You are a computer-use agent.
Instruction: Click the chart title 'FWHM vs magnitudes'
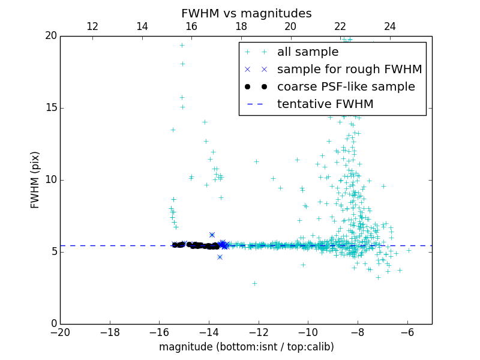coord(246,13)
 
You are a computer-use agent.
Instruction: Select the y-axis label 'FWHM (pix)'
coord(35,180)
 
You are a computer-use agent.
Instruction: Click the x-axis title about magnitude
coord(246,347)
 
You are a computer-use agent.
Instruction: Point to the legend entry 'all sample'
coord(308,52)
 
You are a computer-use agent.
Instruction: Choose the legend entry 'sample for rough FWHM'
coord(349,70)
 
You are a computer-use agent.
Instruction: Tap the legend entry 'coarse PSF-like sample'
coord(346,87)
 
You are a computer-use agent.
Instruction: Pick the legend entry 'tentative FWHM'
coord(325,104)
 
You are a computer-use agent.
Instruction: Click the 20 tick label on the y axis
coord(50,36)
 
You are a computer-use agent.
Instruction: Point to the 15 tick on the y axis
coord(50,108)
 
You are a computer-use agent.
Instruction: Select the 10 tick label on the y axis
coord(50,180)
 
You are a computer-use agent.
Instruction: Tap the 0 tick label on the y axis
coord(53,324)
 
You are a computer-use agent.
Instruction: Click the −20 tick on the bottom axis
coord(60,332)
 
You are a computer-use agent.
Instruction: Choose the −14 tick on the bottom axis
coord(209,332)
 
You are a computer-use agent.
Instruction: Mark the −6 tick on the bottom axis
coord(407,332)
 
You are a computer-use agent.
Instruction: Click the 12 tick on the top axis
coord(92,26)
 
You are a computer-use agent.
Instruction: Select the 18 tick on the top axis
coord(241,26)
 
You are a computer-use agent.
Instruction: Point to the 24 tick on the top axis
coord(390,26)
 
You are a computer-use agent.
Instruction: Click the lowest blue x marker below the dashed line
coord(220,257)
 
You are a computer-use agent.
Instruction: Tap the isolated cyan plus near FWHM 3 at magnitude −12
coord(254,283)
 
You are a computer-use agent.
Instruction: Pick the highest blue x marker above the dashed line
coord(212,235)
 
